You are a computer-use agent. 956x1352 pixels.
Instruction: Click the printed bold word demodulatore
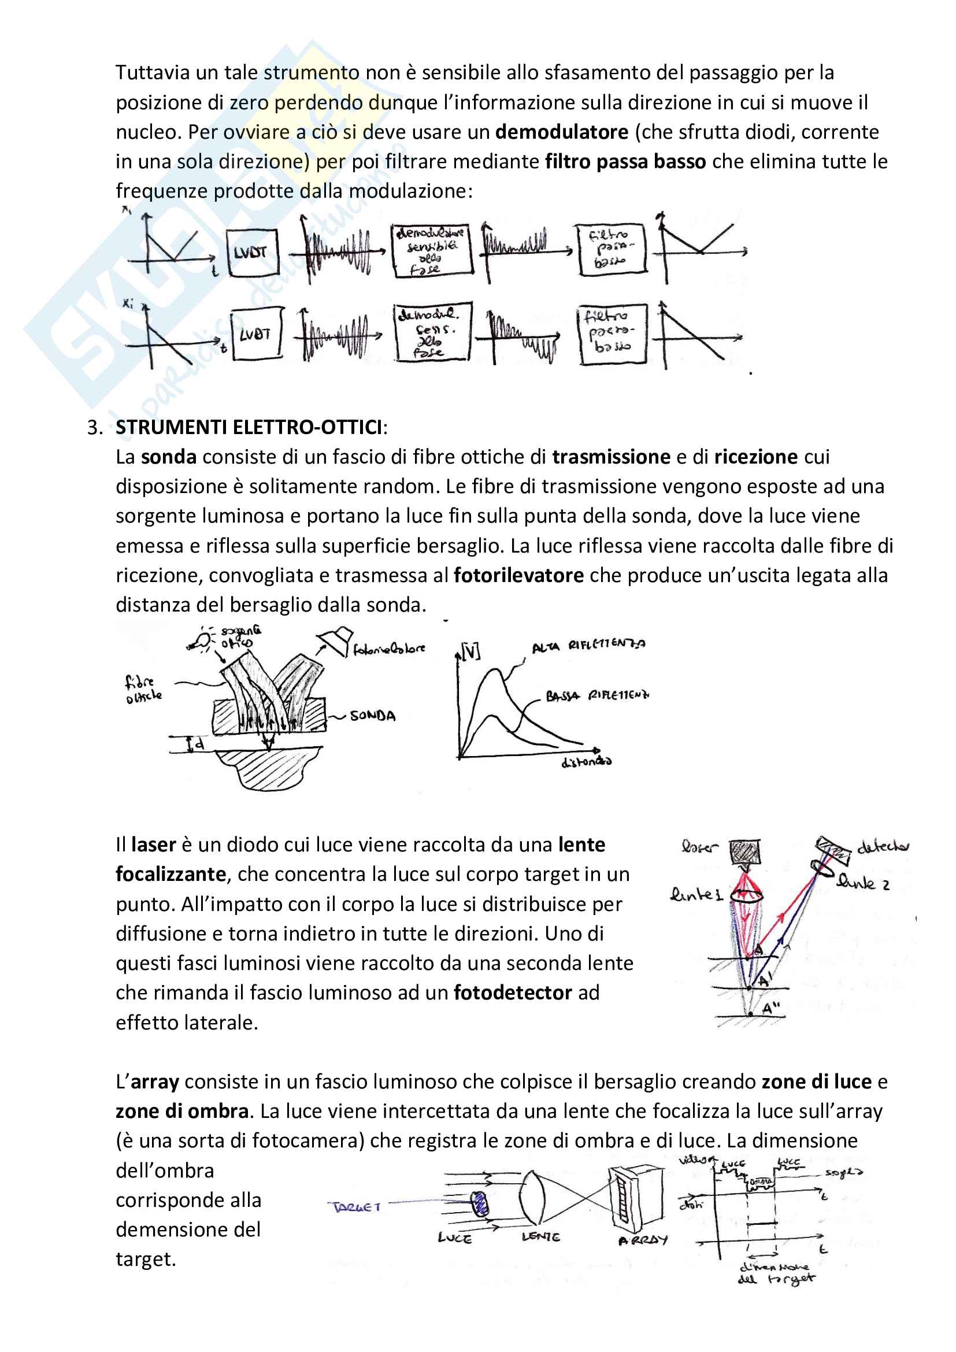(x=562, y=132)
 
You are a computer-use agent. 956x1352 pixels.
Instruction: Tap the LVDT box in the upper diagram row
(x=252, y=253)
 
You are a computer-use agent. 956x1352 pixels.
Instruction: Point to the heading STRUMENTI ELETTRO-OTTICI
(x=249, y=427)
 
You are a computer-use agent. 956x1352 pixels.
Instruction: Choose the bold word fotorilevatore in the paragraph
(x=518, y=575)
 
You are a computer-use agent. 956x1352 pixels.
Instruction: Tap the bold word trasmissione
(x=611, y=457)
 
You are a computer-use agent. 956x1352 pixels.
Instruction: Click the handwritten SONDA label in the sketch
(x=373, y=716)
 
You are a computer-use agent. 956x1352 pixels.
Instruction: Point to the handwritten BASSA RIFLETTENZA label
(x=597, y=696)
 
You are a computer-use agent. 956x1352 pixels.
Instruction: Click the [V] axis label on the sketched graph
(x=471, y=652)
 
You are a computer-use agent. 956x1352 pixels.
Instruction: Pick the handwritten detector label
(x=882, y=847)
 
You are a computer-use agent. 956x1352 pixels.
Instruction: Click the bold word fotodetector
(x=512, y=993)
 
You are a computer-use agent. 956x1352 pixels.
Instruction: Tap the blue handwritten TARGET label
(x=357, y=1207)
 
